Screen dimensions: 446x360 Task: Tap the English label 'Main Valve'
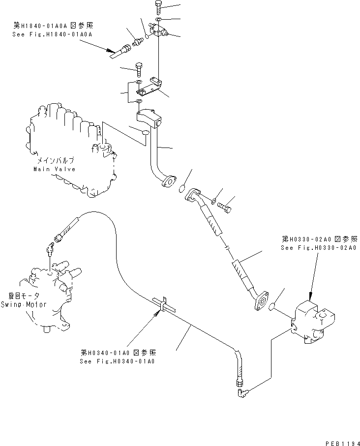point(54,169)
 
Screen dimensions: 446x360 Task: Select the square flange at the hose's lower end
point(260,301)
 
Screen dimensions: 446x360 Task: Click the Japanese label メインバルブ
point(55,161)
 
